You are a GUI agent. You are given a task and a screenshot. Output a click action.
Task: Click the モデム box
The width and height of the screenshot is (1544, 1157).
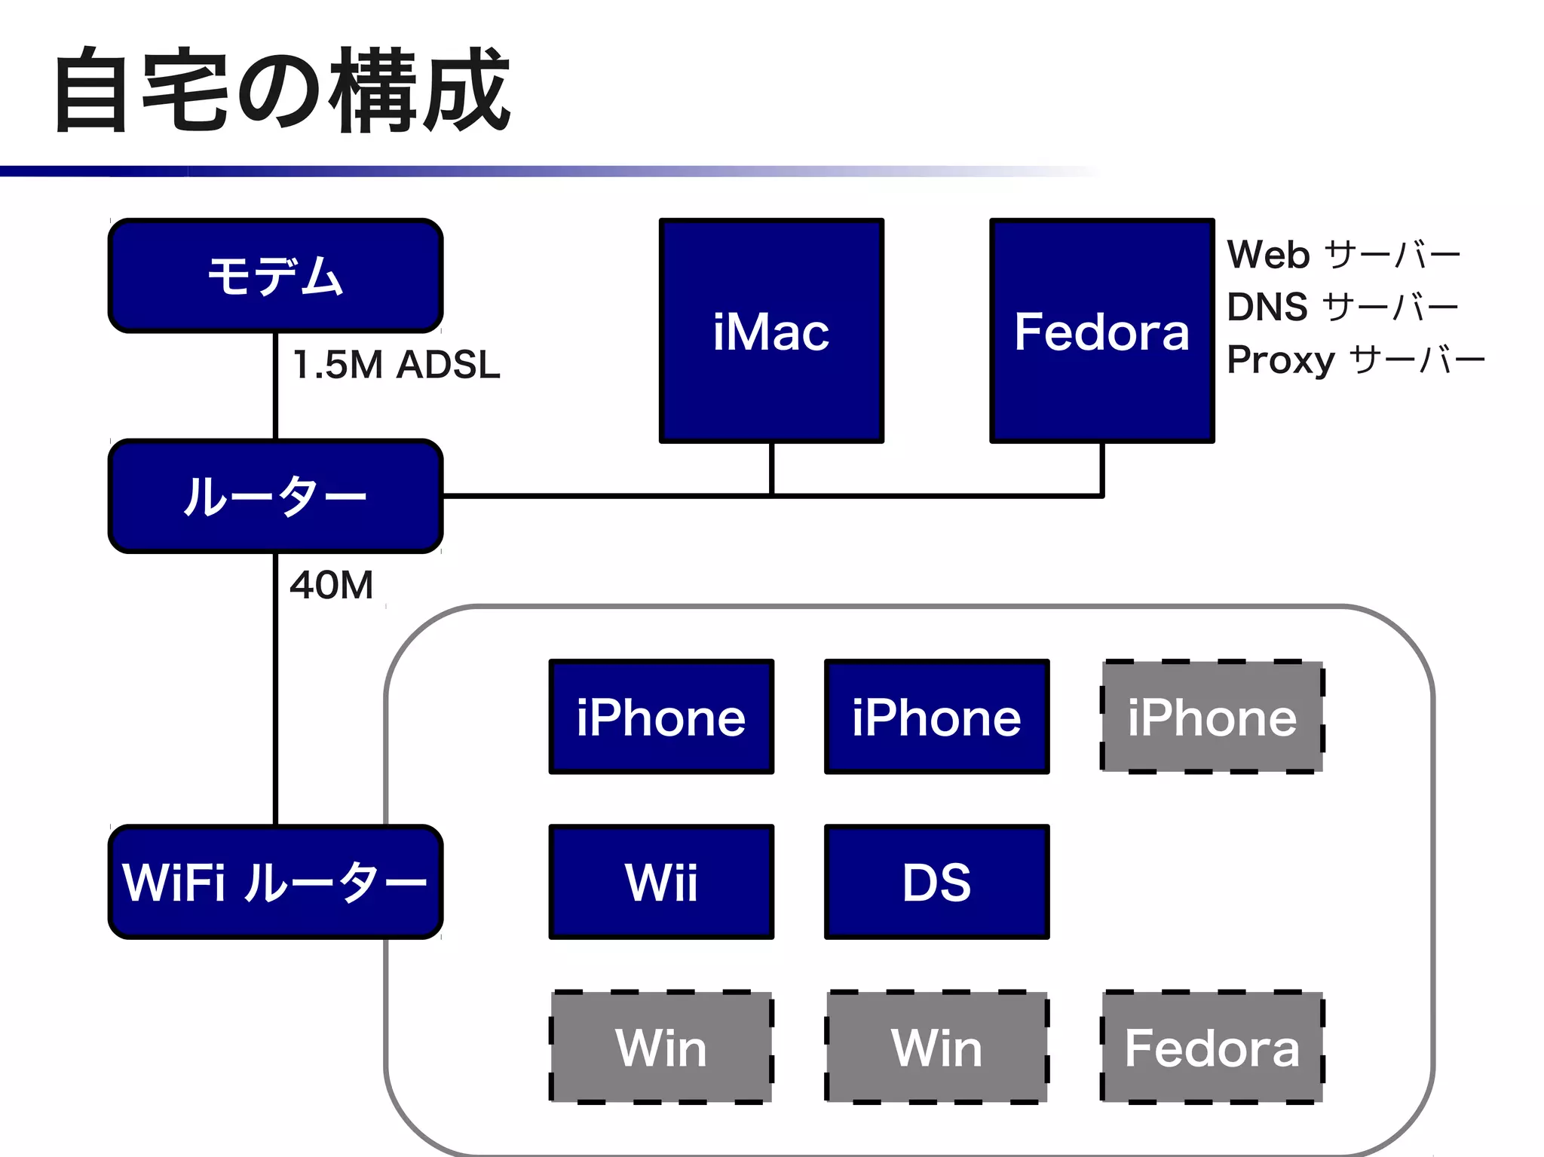(275, 276)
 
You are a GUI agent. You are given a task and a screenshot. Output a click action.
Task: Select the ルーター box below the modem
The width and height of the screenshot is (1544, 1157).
(275, 496)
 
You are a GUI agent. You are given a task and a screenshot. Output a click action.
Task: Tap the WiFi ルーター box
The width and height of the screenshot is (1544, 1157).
(275, 882)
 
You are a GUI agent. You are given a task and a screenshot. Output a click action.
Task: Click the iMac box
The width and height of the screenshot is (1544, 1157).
(771, 331)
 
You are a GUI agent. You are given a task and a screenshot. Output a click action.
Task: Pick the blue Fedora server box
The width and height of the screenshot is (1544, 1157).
(1101, 331)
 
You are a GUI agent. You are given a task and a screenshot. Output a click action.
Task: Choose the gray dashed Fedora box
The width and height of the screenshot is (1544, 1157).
(1212, 1048)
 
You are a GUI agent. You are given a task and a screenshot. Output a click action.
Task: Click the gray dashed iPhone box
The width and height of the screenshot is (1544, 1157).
(1212, 717)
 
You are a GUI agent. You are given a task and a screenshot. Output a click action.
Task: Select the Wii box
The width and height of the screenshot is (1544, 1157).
(661, 882)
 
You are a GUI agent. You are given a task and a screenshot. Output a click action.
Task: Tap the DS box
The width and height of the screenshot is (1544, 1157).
(936, 882)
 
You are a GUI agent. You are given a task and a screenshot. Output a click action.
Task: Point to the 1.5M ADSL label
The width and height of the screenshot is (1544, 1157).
(396, 365)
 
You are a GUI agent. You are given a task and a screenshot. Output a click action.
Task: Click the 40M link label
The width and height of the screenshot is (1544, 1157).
(332, 585)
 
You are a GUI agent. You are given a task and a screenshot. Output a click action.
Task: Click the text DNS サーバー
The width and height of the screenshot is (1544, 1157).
(1342, 308)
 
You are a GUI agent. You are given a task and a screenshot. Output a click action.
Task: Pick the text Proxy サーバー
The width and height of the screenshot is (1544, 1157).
(1355, 360)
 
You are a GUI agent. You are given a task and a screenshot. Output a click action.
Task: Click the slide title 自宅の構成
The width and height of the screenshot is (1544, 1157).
(283, 90)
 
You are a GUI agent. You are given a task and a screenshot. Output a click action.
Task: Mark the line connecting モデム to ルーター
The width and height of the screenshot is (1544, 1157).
(275, 386)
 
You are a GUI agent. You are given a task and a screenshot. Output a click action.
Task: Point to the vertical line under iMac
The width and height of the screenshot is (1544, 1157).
(771, 469)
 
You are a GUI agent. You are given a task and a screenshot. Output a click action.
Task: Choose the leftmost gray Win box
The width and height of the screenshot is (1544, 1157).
(661, 1048)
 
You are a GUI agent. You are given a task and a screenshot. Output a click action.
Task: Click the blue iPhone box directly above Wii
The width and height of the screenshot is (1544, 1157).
(661, 717)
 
